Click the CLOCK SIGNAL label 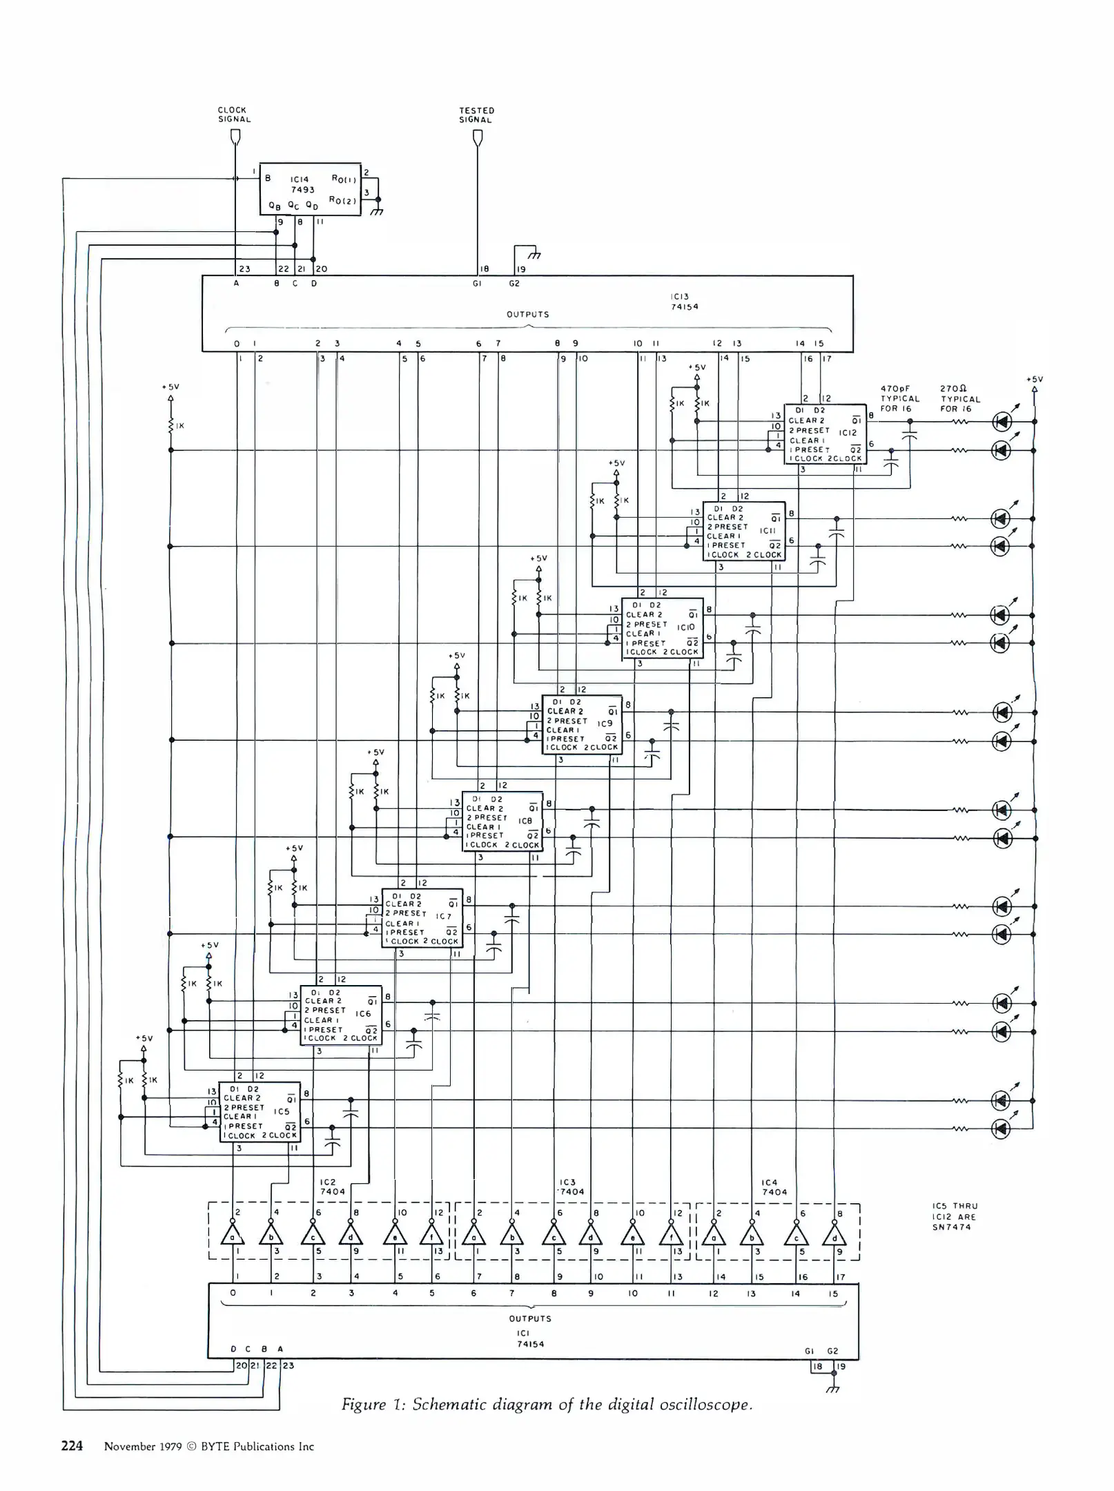click(x=234, y=115)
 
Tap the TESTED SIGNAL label click(x=476, y=115)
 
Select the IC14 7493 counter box click(x=310, y=189)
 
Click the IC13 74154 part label click(x=685, y=302)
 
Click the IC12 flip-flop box click(x=825, y=433)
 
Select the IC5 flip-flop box click(x=260, y=1111)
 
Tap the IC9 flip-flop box click(x=582, y=724)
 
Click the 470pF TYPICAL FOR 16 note click(x=899, y=398)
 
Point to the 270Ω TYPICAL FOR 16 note click(x=960, y=398)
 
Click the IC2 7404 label click(x=332, y=1187)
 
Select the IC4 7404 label click(x=774, y=1187)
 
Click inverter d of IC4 click(x=834, y=1234)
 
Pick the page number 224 click(x=72, y=1445)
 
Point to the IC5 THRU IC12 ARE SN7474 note click(x=955, y=1216)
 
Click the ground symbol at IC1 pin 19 click(x=834, y=1388)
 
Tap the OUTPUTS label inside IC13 click(x=528, y=314)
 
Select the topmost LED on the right click(x=1001, y=421)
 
